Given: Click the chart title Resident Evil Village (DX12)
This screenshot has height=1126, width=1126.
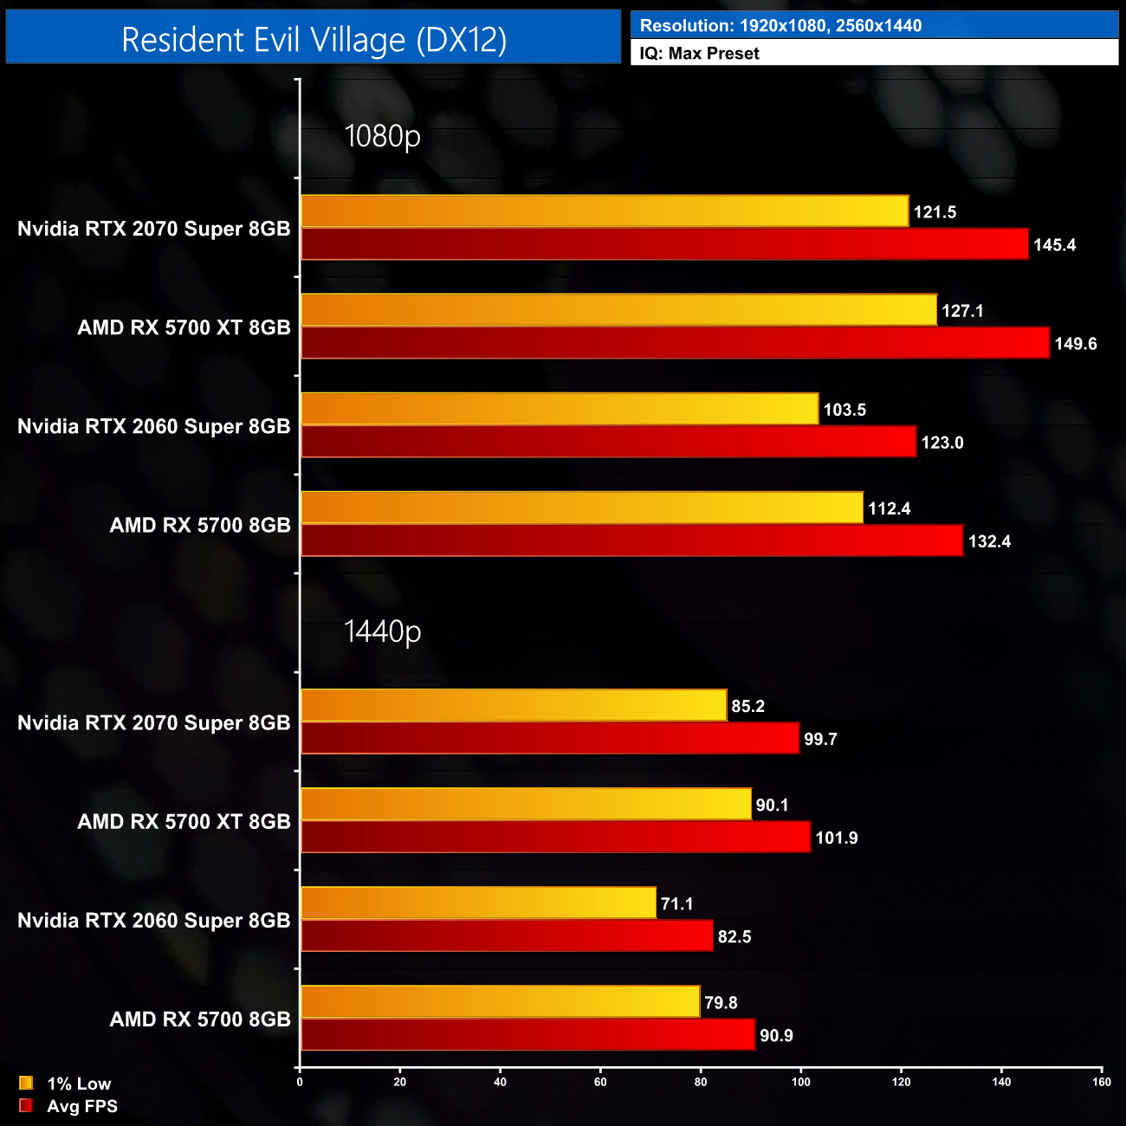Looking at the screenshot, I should pos(314,40).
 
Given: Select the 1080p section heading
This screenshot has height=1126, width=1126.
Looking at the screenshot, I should pos(382,136).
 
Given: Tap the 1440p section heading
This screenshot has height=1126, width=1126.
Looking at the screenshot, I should pos(382,631).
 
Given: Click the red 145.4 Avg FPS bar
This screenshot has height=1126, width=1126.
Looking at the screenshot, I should pos(664,244).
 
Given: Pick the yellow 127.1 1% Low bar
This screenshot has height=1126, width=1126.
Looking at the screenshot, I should pos(618,310).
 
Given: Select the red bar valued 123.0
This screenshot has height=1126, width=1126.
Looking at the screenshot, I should pos(608,442).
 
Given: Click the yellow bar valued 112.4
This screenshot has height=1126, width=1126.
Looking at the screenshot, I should pos(582,508).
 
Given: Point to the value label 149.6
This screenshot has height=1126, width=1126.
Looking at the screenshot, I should pos(1075,344).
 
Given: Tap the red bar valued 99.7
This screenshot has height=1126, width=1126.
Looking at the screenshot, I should pos(550,739).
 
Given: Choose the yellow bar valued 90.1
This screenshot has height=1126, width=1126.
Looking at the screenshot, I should pos(526,805).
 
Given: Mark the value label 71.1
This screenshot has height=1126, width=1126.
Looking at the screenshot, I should pos(676,904).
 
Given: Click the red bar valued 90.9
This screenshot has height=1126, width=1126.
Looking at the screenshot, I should pos(527,1035).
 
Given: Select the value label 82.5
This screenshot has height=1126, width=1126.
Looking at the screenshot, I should pos(734,937).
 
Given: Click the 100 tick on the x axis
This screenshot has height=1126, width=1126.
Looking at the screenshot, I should pos(801,1082).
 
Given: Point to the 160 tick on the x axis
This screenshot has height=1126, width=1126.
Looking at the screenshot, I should pos(1102,1082).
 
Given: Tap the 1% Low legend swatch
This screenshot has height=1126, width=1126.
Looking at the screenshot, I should pos(26,1083).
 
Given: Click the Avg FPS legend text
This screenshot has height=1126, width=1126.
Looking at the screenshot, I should pos(82,1106).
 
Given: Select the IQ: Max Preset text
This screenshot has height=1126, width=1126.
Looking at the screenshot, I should pos(699,54).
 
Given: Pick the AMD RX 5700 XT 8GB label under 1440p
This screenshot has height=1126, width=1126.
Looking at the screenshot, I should pos(184,821).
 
